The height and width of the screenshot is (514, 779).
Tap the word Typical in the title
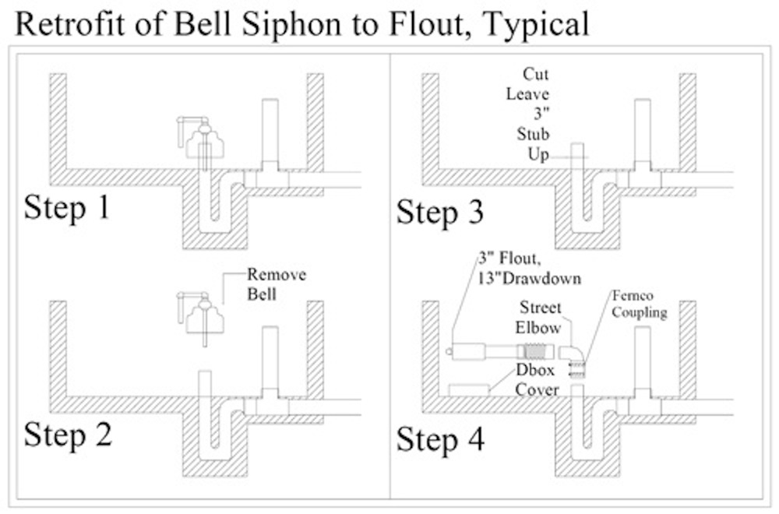536,25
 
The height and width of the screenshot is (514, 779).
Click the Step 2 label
68,434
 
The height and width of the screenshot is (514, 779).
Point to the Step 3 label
439,213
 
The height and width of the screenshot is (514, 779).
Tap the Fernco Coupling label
640,305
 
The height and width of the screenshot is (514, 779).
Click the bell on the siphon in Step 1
203,141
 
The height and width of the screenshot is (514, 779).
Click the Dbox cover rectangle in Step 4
469,389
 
